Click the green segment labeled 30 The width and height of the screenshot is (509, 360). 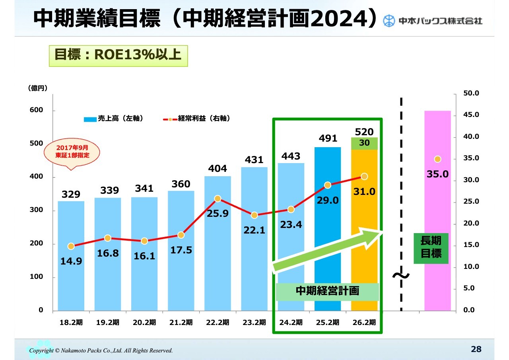pyautogui.click(x=364, y=144)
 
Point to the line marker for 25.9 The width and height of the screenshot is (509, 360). pyautogui.click(x=218, y=198)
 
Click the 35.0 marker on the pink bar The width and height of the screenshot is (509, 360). pyautogui.click(x=437, y=159)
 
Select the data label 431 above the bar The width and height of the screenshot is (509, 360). pyautogui.click(x=254, y=160)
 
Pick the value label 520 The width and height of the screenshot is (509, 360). pyautogui.click(x=364, y=132)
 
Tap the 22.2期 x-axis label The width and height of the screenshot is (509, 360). pyautogui.click(x=218, y=323)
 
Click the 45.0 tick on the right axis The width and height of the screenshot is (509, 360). pyautogui.click(x=471, y=115)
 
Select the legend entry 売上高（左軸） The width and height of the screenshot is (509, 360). pyautogui.click(x=113, y=119)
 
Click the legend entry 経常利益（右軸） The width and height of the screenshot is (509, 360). pyautogui.click(x=197, y=119)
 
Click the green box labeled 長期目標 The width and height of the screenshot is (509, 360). pyautogui.click(x=431, y=248)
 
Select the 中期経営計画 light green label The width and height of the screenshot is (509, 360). pyautogui.click(x=327, y=291)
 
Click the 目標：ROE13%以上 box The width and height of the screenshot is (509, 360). pyautogui.click(x=118, y=55)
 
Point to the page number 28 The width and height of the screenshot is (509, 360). pyautogui.click(x=476, y=349)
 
